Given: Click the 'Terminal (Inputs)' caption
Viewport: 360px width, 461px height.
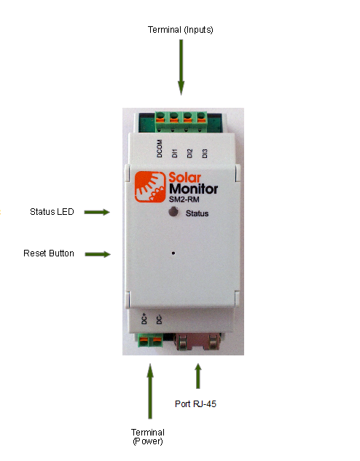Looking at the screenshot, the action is pos(180,30).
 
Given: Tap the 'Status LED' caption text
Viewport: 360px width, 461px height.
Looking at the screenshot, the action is pos(52,212).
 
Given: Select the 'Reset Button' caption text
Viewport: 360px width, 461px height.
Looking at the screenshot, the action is pos(49,253).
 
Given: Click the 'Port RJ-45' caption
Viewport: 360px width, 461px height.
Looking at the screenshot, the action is pos(195,404).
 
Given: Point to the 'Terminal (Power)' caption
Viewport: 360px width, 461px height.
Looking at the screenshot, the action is pos(148,436).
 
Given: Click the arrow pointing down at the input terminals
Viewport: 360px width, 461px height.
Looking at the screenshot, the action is pos(181,67).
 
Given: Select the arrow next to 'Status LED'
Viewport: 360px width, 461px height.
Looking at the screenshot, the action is pos(97,212).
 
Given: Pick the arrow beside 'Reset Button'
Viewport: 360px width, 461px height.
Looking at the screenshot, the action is pos(98,254).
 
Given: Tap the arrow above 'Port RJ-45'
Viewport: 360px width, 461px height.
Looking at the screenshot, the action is pos(198,376).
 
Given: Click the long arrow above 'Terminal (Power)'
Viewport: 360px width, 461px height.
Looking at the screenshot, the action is pos(150,391).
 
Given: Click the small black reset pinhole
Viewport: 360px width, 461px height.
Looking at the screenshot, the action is pos(173,253).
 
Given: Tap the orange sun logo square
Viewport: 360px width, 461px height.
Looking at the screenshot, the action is pos(150,187).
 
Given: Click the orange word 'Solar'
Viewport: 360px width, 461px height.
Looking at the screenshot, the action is pos(184,178).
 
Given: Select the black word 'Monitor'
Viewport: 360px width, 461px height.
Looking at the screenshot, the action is pos(194,189).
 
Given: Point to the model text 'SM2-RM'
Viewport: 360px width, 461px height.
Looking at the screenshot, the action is pos(184,200).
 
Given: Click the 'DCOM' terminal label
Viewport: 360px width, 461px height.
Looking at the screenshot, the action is pos(160,149).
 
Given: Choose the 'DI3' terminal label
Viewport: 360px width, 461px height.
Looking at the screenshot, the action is pos(205,153).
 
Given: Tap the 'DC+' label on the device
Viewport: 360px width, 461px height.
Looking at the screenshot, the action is pos(144,319).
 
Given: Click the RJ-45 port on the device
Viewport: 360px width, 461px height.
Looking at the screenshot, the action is pos(198,342).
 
